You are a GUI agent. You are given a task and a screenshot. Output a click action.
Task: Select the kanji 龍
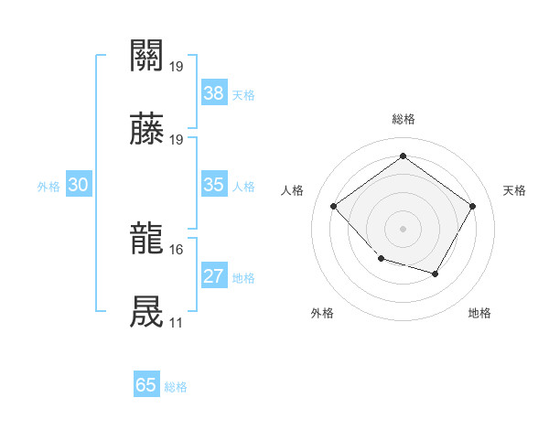tap(147, 240)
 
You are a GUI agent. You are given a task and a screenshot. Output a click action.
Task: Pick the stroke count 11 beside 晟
tap(176, 323)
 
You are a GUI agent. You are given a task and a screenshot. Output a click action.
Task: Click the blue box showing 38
tap(214, 93)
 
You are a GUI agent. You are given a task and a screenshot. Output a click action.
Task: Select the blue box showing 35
tap(214, 185)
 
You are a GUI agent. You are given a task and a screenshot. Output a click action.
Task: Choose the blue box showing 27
tap(214, 276)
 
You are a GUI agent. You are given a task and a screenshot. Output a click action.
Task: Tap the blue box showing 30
tap(79, 185)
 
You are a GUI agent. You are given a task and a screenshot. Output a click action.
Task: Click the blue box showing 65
tap(146, 385)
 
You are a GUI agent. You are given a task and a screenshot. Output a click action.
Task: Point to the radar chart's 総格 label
tap(403, 119)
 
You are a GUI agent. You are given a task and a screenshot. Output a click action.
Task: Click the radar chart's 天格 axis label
tap(515, 190)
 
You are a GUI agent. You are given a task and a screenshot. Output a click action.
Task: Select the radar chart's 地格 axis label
tap(479, 313)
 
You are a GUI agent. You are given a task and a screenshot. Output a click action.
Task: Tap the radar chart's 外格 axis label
tap(322, 313)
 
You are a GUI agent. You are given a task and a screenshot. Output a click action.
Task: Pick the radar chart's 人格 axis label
tap(293, 190)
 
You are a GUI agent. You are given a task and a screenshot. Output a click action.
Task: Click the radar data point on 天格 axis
tap(472, 207)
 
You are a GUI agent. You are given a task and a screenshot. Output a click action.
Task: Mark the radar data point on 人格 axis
tap(334, 207)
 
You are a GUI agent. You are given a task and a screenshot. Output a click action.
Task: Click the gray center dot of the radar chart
tap(403, 228)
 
